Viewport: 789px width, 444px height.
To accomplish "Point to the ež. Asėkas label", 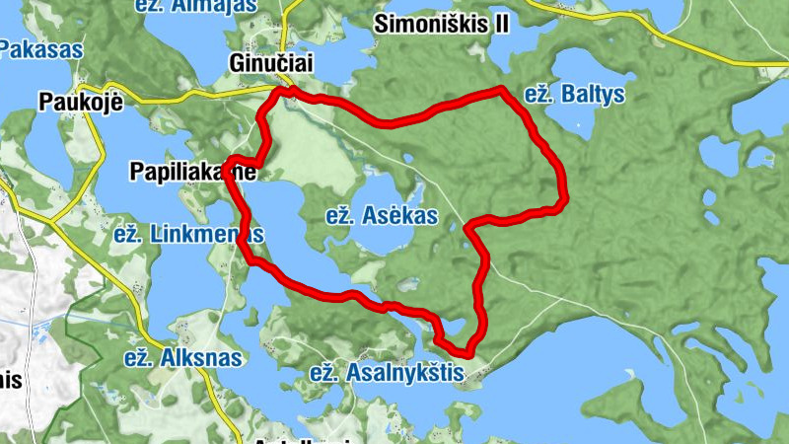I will pos(381,216).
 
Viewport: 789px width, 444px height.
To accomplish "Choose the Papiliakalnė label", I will pos(193,172).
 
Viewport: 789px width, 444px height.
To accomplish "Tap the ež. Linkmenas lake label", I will pos(188,235).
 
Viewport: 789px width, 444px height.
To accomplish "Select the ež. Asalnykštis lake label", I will pos(387,372).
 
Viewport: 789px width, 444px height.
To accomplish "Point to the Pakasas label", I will pos(41,47).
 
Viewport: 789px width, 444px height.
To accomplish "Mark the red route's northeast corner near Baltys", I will pos(503,92).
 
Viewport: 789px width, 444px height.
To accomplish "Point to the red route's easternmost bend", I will pos(564,200).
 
